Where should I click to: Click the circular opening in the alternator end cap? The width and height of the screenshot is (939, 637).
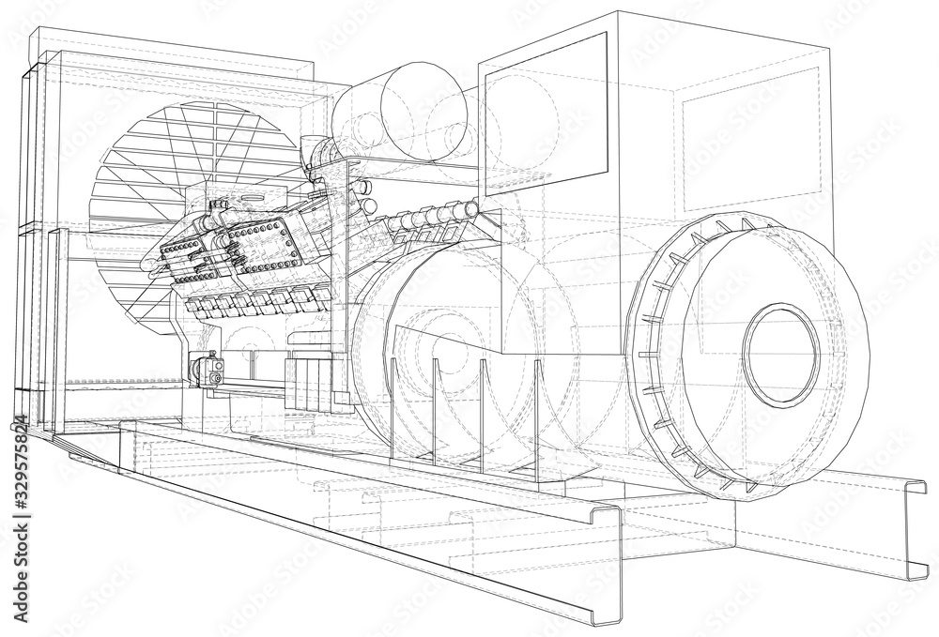click(780, 354)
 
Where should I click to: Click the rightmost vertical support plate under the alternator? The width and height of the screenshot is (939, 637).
click(537, 413)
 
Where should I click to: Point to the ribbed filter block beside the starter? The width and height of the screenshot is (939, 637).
click(305, 380)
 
